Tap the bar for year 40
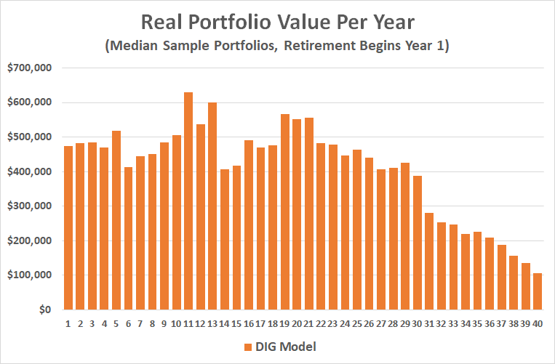click(x=538, y=291)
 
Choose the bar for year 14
click(x=225, y=240)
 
